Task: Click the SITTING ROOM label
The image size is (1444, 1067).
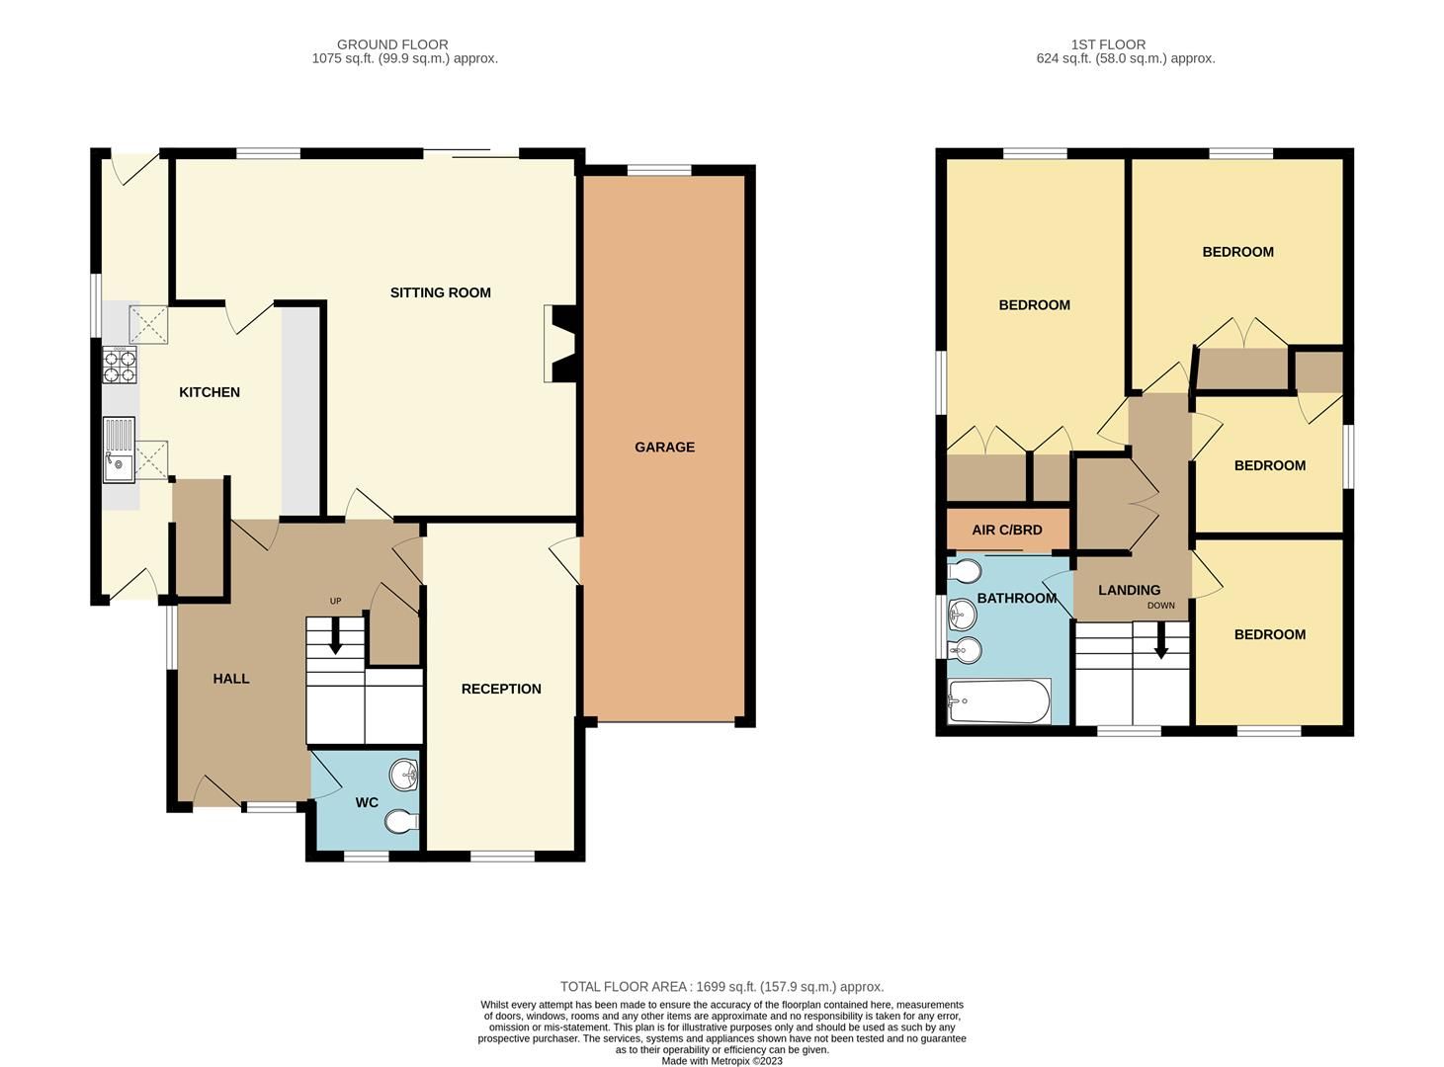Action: (x=440, y=292)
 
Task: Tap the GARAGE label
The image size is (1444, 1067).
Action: (x=664, y=447)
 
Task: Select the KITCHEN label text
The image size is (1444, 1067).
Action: (x=210, y=392)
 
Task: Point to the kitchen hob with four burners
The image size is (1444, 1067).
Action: (x=120, y=366)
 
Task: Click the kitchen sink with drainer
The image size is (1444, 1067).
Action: (x=119, y=450)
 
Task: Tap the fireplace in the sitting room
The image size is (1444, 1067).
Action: (x=559, y=343)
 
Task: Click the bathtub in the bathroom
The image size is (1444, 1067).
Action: (x=998, y=701)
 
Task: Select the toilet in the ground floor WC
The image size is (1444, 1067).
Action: (x=401, y=821)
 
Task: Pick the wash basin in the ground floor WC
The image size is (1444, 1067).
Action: (x=404, y=776)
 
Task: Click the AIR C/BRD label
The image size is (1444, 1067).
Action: (x=1007, y=530)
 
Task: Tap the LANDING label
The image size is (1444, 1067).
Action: (x=1129, y=590)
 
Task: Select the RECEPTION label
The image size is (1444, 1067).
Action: (x=501, y=689)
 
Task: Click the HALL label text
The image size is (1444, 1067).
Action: (x=231, y=679)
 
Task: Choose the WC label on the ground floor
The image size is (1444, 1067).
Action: (x=367, y=802)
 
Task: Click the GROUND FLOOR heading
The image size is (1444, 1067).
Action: (x=392, y=44)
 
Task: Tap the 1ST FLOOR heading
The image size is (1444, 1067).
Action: (x=1108, y=44)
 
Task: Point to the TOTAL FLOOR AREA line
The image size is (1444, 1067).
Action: (x=722, y=986)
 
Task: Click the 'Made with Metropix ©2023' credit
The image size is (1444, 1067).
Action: (x=722, y=1061)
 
